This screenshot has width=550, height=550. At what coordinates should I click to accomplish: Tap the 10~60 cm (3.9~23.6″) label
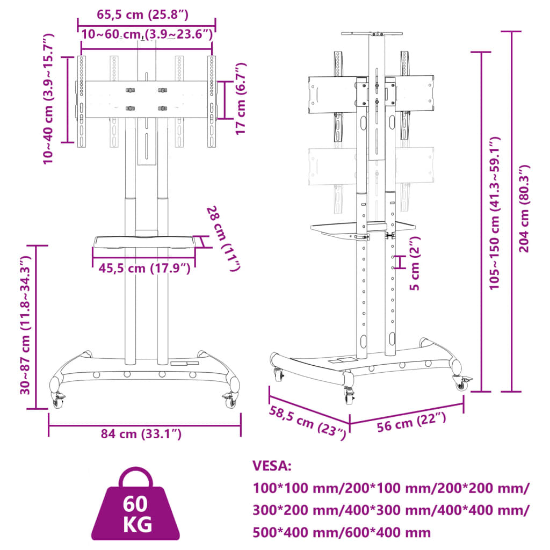[x=147, y=34]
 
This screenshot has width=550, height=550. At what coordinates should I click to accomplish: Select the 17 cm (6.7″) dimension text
[x=240, y=98]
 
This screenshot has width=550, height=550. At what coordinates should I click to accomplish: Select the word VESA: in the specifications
[x=272, y=466]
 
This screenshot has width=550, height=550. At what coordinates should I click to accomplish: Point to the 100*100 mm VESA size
[x=293, y=489]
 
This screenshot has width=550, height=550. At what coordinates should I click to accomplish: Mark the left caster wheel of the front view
[x=57, y=399]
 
